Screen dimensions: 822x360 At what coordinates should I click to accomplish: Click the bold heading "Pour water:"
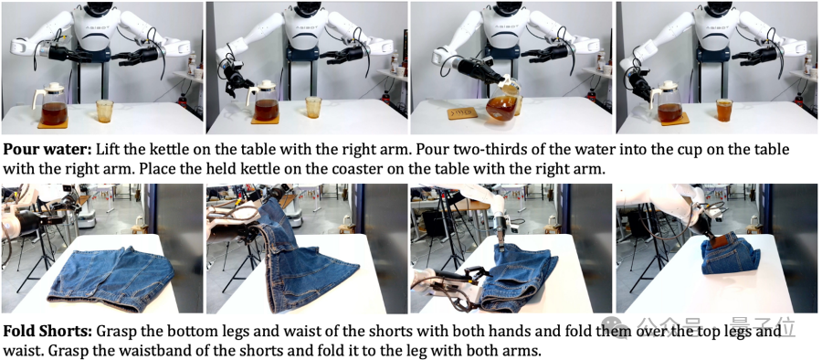tap(47, 150)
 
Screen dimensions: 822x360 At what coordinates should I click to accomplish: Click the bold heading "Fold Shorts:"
tap(47, 333)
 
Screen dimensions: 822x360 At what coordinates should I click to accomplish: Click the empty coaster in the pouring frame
tap(462, 112)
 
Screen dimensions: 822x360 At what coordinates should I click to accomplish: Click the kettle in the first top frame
tap(51, 104)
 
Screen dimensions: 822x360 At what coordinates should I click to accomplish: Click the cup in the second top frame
tap(313, 107)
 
